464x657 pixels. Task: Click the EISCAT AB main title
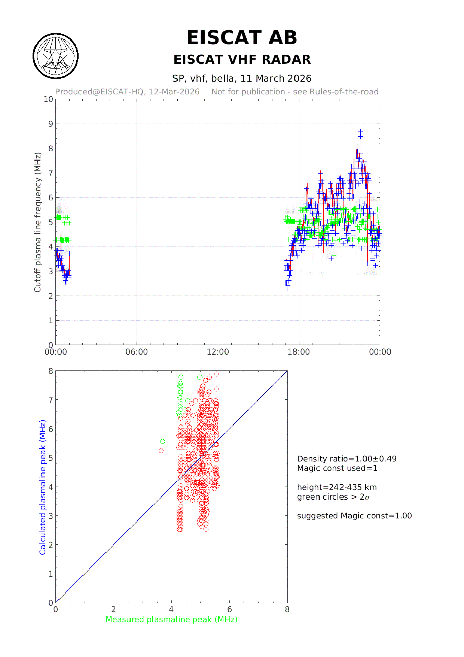coord(242,38)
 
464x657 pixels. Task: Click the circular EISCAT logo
coord(56,56)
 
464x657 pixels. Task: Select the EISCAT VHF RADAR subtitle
coord(242,60)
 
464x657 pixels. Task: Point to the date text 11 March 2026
coord(276,78)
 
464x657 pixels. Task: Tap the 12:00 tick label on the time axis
coord(218,352)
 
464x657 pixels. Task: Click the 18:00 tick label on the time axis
coord(299,352)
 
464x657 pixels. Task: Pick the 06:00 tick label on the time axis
coord(137,352)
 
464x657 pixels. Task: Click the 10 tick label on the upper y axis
coord(48,99)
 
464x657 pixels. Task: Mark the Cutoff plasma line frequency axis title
coord(37,222)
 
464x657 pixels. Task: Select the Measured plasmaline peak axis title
coord(171,620)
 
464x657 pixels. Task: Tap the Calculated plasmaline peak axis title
coord(43,487)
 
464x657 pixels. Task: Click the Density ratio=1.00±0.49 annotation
coord(347,459)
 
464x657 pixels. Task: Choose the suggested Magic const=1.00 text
coord(354,516)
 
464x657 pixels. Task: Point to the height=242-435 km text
coord(337,487)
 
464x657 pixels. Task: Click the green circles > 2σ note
coord(333,497)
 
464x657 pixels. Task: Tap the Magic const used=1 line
coord(337,468)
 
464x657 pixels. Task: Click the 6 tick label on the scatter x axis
coord(229,609)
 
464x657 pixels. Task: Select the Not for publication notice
coord(295,92)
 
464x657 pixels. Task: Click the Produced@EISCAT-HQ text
coord(127,92)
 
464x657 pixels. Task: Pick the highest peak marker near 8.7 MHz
coord(360,131)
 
